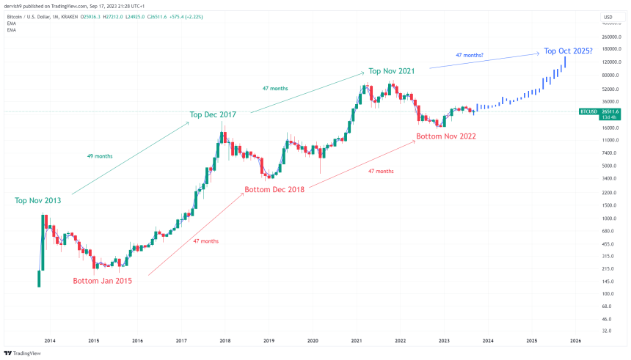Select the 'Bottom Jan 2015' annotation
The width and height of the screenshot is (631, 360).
click(x=102, y=281)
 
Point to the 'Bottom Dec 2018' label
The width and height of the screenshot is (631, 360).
click(x=274, y=191)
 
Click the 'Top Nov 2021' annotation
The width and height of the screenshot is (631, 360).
click(x=392, y=71)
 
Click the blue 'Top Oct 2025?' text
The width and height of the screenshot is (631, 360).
click(x=568, y=52)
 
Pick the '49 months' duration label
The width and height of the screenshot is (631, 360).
click(x=100, y=156)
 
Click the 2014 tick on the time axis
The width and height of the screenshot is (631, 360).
click(x=50, y=341)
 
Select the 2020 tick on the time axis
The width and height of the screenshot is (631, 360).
click(x=313, y=341)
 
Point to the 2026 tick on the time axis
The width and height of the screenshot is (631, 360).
click(x=576, y=341)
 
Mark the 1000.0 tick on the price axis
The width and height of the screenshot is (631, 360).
click(x=609, y=218)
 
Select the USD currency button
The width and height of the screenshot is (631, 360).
click(x=608, y=17)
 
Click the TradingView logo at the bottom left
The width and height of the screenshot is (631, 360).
click(x=23, y=352)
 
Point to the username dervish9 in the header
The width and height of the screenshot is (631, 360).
click(x=16, y=5)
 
